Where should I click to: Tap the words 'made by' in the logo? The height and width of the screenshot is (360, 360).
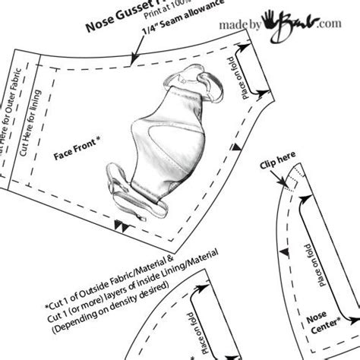[246, 27]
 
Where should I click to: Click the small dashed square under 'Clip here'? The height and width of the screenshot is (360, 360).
[291, 182]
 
